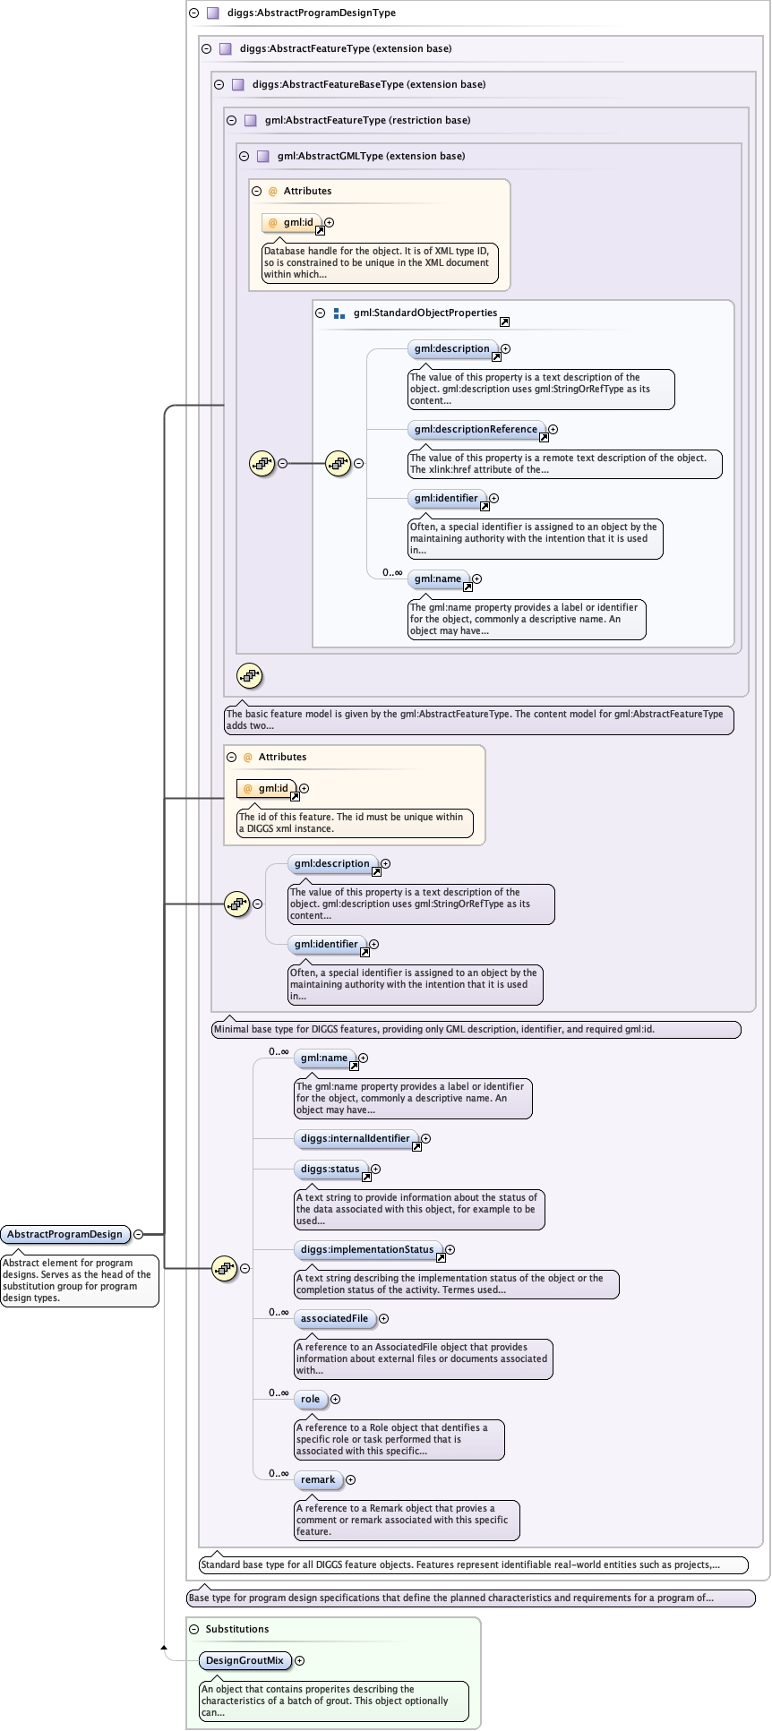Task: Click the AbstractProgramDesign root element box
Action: pyautogui.click(x=64, y=1234)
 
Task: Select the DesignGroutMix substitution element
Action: pyautogui.click(x=244, y=1660)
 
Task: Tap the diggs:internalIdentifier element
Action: pyautogui.click(x=355, y=1138)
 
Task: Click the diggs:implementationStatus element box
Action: pyautogui.click(x=366, y=1249)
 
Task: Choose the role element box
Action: pyautogui.click(x=310, y=1399)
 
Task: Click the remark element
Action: pyautogui.click(x=318, y=1479)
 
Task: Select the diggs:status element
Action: pyautogui.click(x=330, y=1169)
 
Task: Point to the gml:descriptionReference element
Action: pyautogui.click(x=475, y=429)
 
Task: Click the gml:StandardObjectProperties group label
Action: pyautogui.click(x=425, y=313)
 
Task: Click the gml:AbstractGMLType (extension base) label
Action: pyautogui.click(x=371, y=156)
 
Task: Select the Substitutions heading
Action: pyautogui.click(x=236, y=1629)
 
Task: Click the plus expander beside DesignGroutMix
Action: pyautogui.click(x=300, y=1660)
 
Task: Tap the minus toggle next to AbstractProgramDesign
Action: pyautogui.click(x=139, y=1234)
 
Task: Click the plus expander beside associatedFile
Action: pyautogui.click(x=384, y=1318)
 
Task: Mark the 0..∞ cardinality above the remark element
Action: pyautogui.click(x=279, y=1473)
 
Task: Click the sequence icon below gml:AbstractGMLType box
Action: pyautogui.click(x=249, y=676)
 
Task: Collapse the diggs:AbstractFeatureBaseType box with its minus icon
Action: pyautogui.click(x=219, y=84)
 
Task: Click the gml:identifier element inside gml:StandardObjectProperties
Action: pyautogui.click(x=445, y=498)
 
